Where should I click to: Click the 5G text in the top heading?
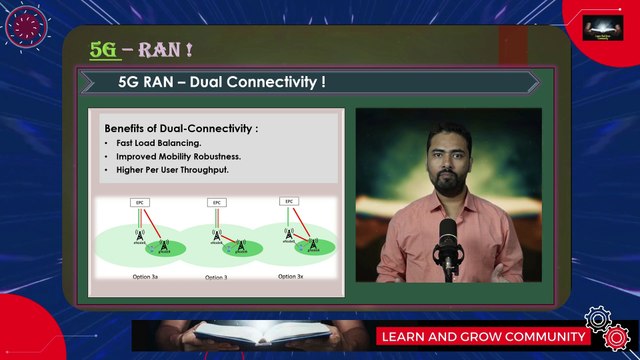click(103, 49)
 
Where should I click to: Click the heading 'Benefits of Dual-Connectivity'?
click(180, 129)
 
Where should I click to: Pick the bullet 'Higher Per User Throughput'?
click(172, 169)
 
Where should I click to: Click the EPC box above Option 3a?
click(142, 202)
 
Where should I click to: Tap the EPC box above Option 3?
click(216, 202)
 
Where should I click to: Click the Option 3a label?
click(146, 275)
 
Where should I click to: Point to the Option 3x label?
click(290, 275)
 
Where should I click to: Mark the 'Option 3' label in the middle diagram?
click(215, 276)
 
